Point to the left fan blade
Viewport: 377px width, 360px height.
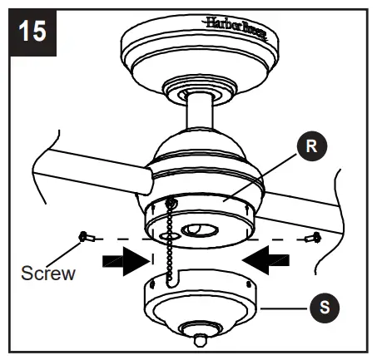pyautogui.click(x=83, y=170)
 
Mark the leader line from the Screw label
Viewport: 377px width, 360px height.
pyautogui.click(x=70, y=251)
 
